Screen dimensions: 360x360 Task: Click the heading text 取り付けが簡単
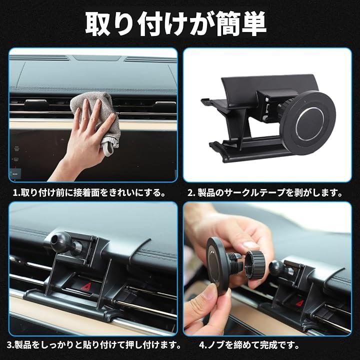tap(176, 23)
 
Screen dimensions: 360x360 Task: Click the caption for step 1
tap(89, 192)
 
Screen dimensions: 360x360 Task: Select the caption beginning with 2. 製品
tap(265, 192)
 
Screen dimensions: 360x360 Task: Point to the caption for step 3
tap(93, 344)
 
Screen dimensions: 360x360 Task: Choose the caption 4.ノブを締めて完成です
tap(249, 344)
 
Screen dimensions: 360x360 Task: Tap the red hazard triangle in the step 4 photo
tap(299, 302)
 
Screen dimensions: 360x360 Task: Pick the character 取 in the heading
tap(98, 23)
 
